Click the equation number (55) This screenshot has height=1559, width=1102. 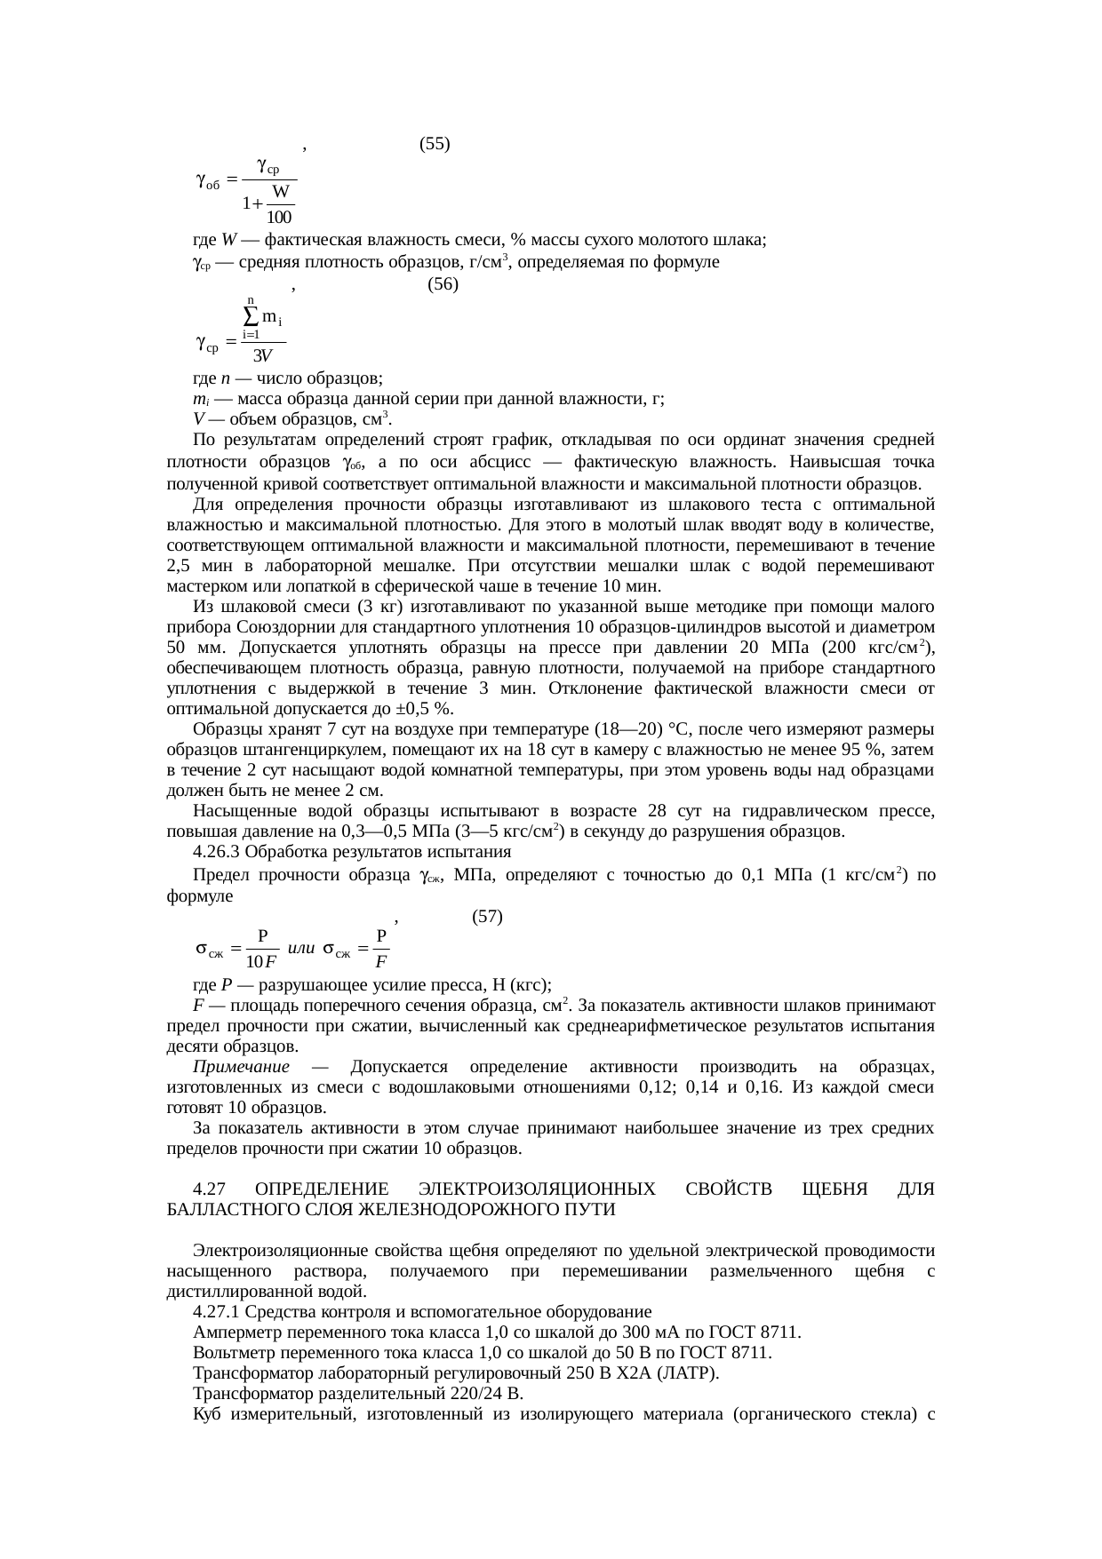434,144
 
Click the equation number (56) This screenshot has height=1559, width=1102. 443,285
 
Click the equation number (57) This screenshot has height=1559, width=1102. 487,916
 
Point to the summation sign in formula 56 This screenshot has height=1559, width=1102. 252,315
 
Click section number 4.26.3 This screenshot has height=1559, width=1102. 217,852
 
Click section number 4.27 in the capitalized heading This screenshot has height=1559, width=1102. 208,1189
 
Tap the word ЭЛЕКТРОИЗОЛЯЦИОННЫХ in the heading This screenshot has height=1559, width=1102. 538,1189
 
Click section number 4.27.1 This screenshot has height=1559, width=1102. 217,1312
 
